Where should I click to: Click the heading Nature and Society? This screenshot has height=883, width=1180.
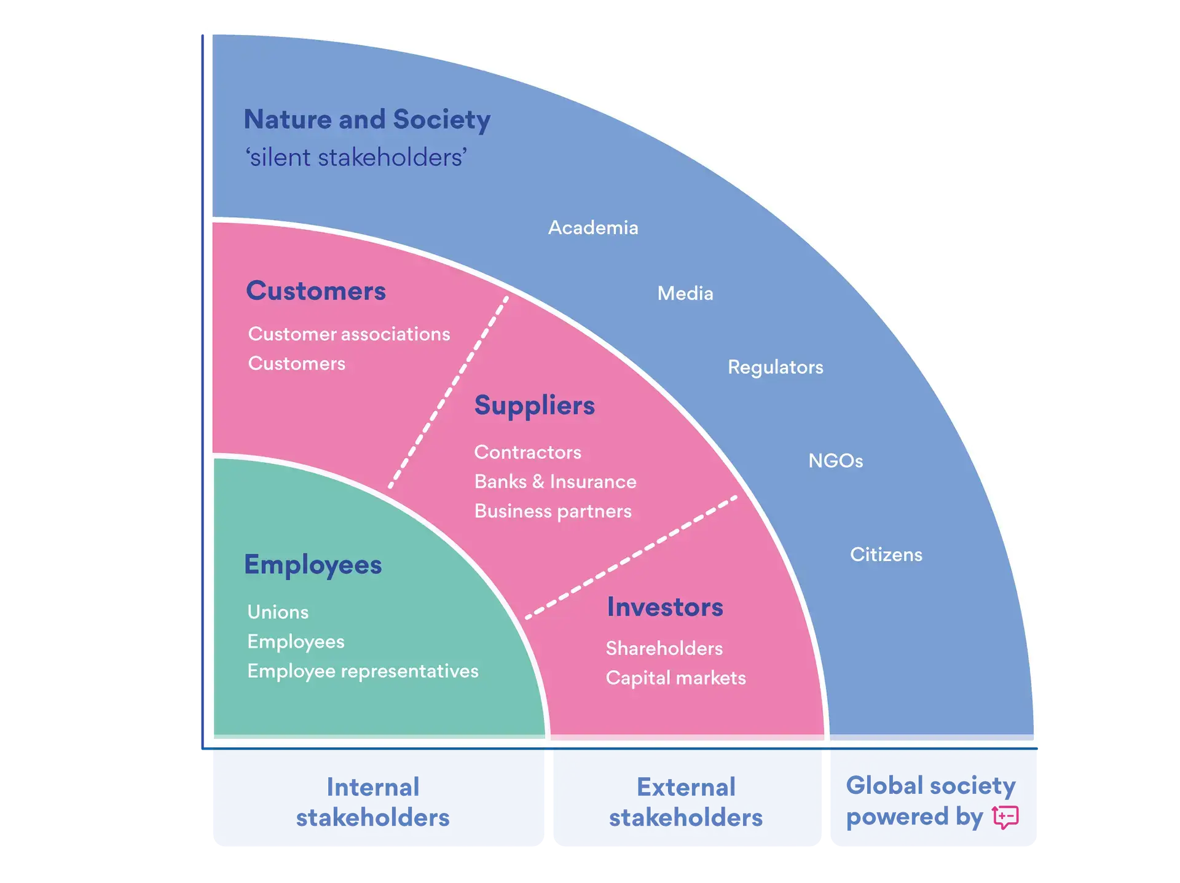click(x=367, y=119)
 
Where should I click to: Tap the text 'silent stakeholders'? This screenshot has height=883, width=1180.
click(x=356, y=157)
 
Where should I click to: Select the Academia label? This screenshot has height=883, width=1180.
click(x=593, y=227)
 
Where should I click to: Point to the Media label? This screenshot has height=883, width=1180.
click(x=685, y=293)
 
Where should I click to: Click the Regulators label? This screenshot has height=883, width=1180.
click(x=775, y=367)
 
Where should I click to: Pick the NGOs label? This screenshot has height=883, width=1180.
click(x=835, y=460)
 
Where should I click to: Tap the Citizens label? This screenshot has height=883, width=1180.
click(x=886, y=554)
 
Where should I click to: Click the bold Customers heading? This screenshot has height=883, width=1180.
click(x=316, y=291)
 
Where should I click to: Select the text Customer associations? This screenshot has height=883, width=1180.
click(x=349, y=334)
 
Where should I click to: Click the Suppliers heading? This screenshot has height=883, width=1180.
click(x=534, y=406)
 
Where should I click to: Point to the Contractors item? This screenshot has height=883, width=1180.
click(x=527, y=452)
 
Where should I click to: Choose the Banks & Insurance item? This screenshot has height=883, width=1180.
click(x=555, y=482)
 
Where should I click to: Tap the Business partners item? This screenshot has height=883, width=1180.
click(x=553, y=511)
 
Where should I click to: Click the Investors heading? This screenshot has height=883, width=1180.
click(x=665, y=607)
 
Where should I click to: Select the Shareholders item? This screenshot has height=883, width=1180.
click(x=664, y=648)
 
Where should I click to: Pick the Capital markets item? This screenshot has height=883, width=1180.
click(x=675, y=678)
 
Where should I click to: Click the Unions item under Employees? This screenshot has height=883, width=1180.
click(x=278, y=612)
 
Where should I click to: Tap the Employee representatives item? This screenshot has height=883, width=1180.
click(x=363, y=671)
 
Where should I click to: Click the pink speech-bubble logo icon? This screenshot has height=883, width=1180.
click(x=1005, y=817)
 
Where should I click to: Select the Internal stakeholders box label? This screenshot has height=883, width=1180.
click(x=372, y=802)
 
